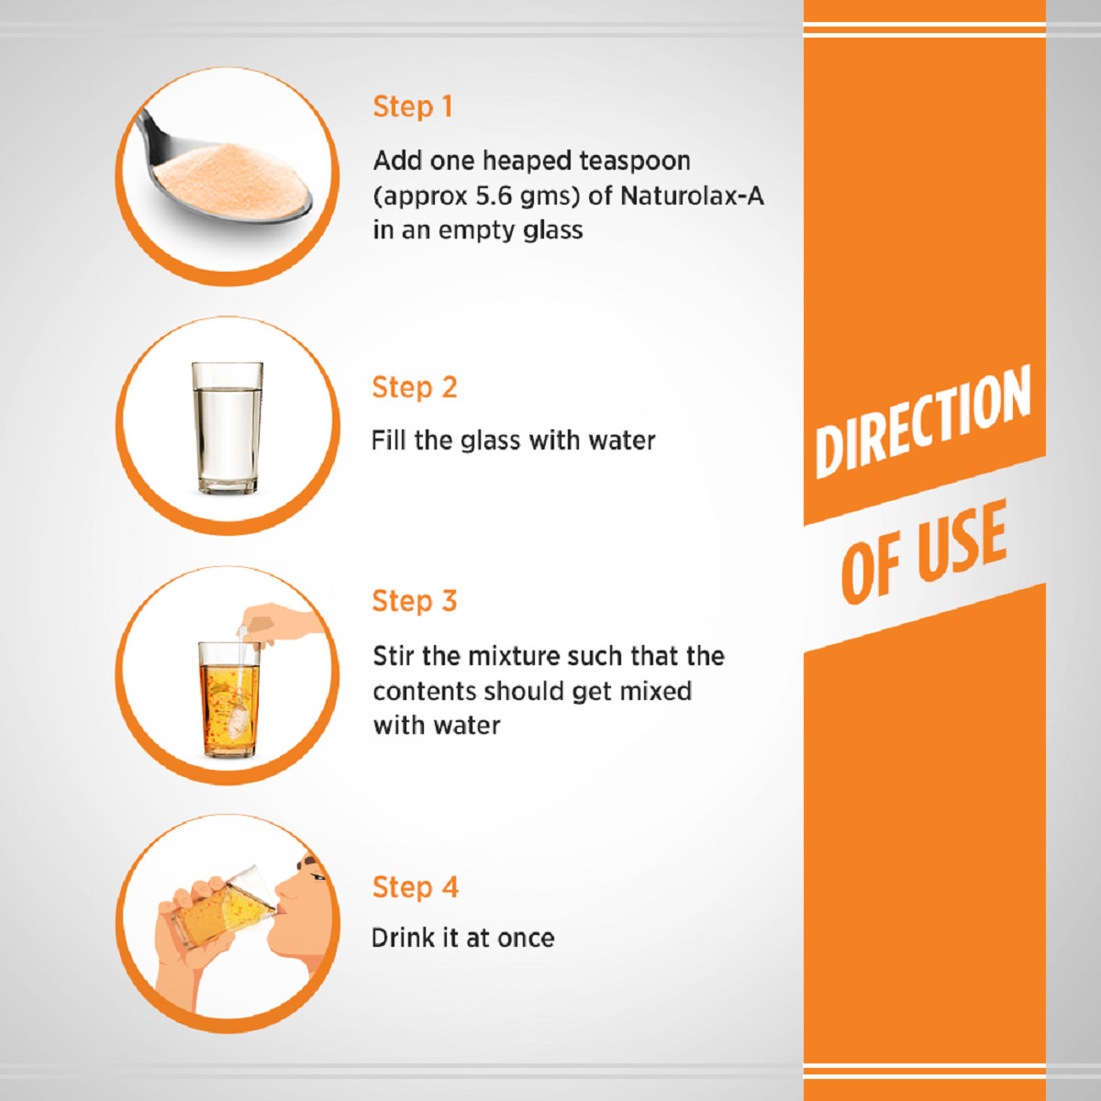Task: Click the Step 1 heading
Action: click(x=413, y=106)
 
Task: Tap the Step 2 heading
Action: click(x=415, y=387)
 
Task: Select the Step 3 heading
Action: click(x=415, y=601)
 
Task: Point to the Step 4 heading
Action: click(x=416, y=887)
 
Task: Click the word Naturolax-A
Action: click(x=692, y=196)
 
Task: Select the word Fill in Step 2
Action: click(x=388, y=440)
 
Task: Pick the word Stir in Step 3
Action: click(x=394, y=656)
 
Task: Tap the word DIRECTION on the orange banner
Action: click(x=923, y=420)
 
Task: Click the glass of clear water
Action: click(x=228, y=428)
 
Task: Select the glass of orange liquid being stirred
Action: click(x=228, y=699)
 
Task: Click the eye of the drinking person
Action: click(x=317, y=876)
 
